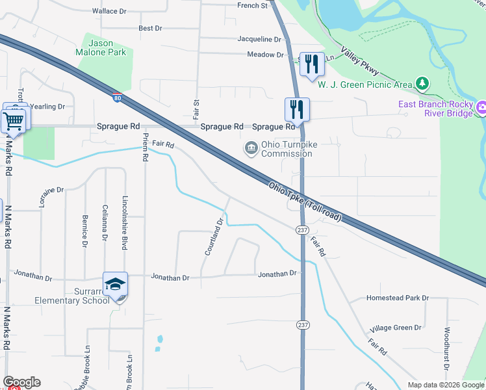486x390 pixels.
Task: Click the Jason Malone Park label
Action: pyautogui.click(x=105, y=47)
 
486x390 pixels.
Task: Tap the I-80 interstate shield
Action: pyautogui.click(x=116, y=98)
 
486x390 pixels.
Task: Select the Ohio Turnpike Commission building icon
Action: pyautogui.click(x=251, y=149)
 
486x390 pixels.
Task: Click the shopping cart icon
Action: pyautogui.click(x=14, y=120)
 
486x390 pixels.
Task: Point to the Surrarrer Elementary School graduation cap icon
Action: pyautogui.click(x=115, y=284)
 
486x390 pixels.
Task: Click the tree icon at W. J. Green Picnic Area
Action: pyautogui.click(x=423, y=83)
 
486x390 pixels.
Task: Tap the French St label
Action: pyautogui.click(x=253, y=6)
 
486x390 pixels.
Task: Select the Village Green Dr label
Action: pyautogui.click(x=396, y=328)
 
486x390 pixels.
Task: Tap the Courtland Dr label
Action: pyautogui.click(x=214, y=236)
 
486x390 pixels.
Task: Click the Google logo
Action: pyautogui.click(x=21, y=382)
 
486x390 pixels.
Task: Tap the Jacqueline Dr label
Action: pyautogui.click(x=259, y=39)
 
